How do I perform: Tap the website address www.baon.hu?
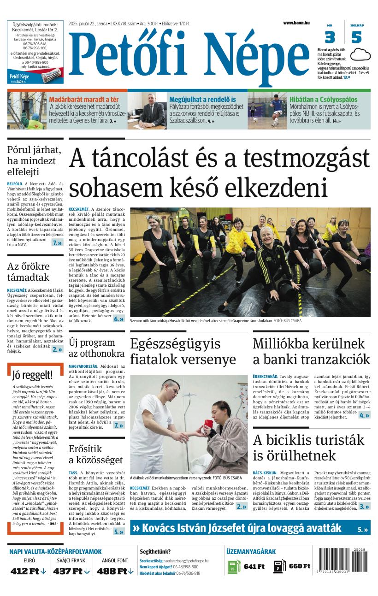(x=296, y=23)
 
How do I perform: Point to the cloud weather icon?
(x=360, y=55)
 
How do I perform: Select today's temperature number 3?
(x=330, y=37)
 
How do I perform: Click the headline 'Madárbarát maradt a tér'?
(x=83, y=99)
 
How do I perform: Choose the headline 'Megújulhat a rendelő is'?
(x=202, y=99)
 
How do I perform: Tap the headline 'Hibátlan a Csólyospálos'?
(x=323, y=99)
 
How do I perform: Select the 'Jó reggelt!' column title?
(x=32, y=374)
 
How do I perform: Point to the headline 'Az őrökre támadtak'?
(x=28, y=272)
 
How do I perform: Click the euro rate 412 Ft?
(x=28, y=571)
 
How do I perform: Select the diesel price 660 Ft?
(x=299, y=566)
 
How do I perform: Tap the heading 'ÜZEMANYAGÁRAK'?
(x=251, y=552)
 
